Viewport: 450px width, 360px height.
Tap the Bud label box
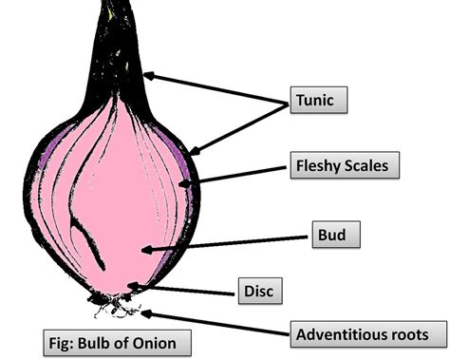336,234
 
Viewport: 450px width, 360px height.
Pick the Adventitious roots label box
368,334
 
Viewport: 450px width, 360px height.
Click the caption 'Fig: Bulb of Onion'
113,340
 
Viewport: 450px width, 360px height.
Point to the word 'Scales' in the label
365,167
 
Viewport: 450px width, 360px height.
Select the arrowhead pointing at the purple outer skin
193,150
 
